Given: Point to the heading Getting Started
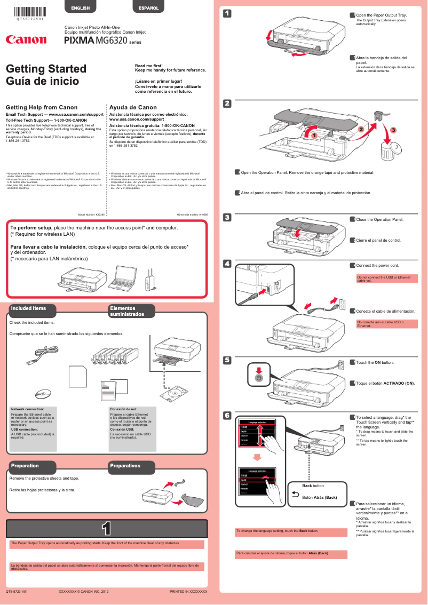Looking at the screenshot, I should pos(46,69).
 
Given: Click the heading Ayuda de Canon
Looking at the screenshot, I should pos(133,107).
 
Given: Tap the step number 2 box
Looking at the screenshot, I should pos(227,103).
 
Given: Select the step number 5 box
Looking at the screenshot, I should pos(227,360).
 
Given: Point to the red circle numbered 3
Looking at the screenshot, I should pos(393,130).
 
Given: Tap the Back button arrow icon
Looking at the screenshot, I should pos(296,496).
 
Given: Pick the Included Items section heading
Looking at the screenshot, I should pos(29,308).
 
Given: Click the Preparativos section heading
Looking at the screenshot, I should pos(125,466).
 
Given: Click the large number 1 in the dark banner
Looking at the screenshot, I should pos(106,528).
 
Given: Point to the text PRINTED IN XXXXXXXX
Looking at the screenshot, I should pos(188,592).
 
